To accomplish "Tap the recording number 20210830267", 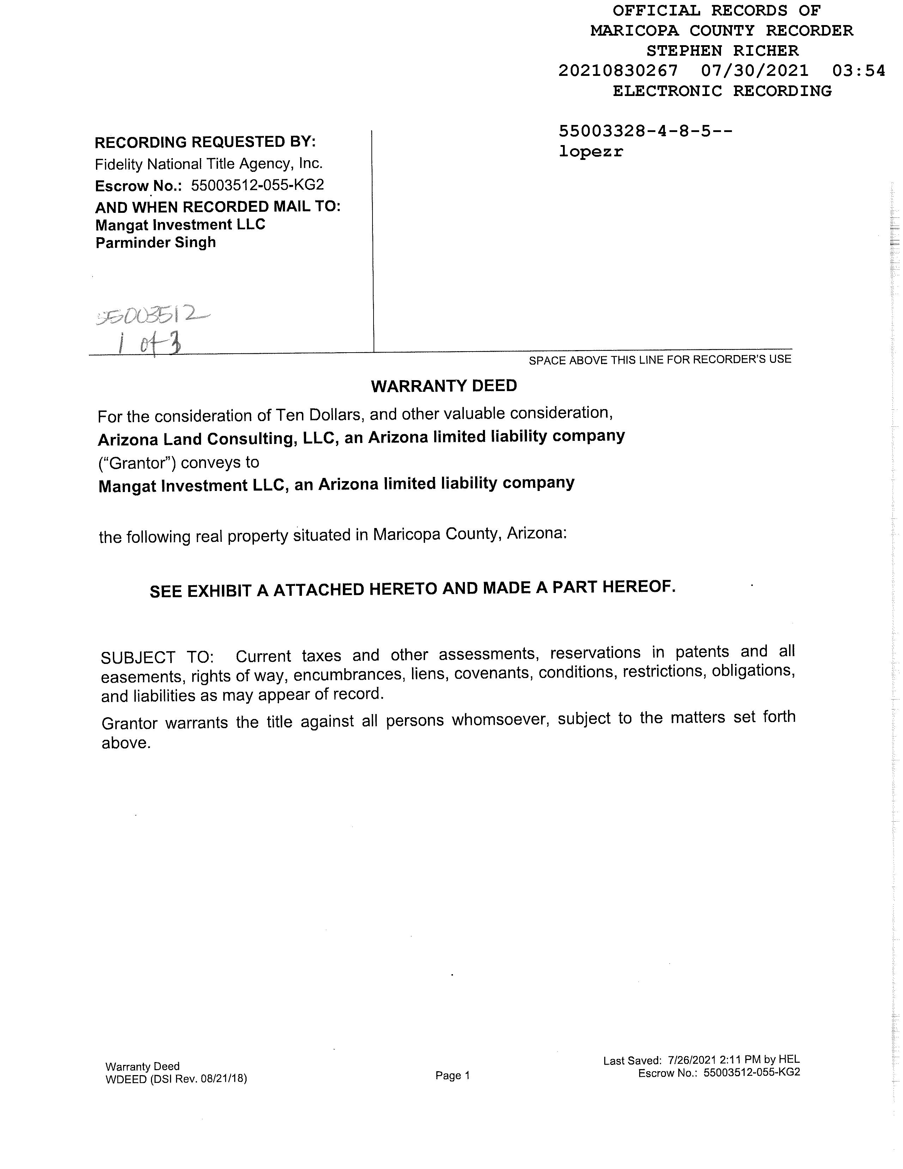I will point(618,71).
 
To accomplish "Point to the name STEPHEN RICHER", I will point(722,51).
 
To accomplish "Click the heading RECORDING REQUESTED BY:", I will point(205,142).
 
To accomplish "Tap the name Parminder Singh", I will point(156,242).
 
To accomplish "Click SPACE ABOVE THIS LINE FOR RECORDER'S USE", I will point(660,360).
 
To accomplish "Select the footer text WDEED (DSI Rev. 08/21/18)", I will point(176,1079).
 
